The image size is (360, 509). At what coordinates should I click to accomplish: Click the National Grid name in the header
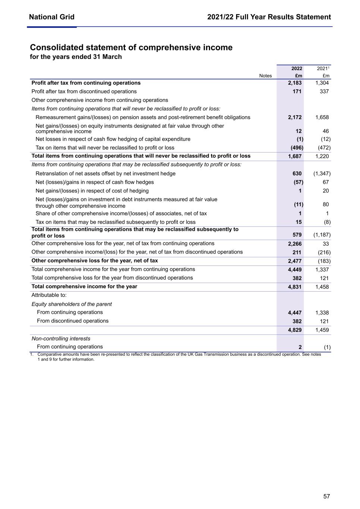tap(51, 17)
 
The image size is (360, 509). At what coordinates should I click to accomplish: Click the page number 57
tap(326, 496)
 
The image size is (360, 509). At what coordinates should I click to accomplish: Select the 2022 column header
tap(297, 69)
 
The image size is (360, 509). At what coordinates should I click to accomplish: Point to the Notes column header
tap(265, 76)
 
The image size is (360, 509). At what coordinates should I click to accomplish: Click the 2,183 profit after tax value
tap(295, 83)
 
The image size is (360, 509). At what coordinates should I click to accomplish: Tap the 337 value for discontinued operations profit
tap(324, 91)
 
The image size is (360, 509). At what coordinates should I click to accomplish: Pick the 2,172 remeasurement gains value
tap(295, 117)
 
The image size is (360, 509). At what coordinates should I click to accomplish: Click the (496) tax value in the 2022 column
tap(297, 148)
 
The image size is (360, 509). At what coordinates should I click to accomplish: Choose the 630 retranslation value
tap(297, 173)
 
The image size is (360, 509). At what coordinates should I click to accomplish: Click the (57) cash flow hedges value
tap(298, 182)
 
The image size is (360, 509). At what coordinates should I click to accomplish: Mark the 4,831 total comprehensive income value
tap(295, 287)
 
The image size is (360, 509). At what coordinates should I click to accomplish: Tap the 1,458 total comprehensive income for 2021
tap(322, 287)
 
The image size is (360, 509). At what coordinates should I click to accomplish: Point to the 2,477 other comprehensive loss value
tap(295, 261)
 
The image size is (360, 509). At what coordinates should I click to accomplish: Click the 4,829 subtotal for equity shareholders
tap(295, 330)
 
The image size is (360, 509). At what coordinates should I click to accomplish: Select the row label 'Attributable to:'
tap(49, 295)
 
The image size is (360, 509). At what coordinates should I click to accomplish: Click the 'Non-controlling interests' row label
tap(61, 339)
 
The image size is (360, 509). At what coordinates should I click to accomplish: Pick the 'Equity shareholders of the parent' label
tap(72, 304)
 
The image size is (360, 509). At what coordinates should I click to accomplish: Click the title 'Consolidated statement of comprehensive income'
tap(131, 47)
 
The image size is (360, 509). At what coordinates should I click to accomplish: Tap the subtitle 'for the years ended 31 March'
tap(76, 57)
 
